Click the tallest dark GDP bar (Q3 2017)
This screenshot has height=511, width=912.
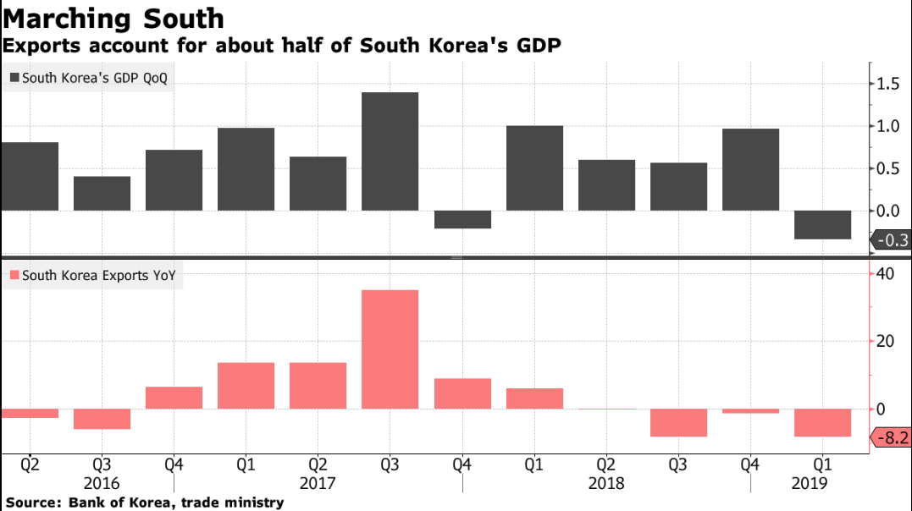(390, 151)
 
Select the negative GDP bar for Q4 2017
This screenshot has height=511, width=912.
(462, 219)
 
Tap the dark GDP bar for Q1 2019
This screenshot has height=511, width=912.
(822, 225)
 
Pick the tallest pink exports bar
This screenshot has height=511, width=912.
(390, 349)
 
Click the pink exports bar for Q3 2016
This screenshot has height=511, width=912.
(102, 419)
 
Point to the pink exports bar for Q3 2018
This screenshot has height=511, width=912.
(678, 422)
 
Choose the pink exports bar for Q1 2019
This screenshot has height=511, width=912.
(822, 422)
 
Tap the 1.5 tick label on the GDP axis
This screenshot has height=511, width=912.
(888, 83)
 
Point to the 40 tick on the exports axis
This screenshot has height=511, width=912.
(886, 273)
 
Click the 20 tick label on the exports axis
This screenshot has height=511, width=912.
(886, 341)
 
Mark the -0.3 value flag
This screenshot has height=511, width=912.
(892, 240)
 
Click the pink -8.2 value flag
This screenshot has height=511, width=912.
(892, 437)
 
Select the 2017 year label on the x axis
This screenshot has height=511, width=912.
(318, 483)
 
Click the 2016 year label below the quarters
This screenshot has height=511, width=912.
(102, 483)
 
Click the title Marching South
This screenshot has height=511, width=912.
(113, 18)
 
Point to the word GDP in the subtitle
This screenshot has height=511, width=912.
(539, 46)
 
